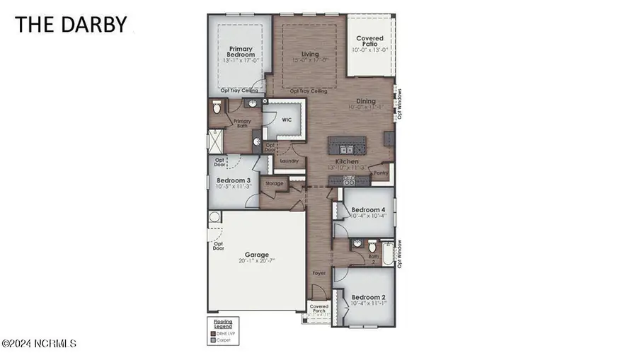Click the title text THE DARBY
(x=71, y=24)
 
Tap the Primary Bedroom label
(x=241, y=51)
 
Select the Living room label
(x=310, y=54)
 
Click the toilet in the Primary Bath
(x=217, y=108)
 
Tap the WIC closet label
(x=287, y=120)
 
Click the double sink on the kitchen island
(x=345, y=149)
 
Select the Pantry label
(x=381, y=172)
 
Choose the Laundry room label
(x=289, y=161)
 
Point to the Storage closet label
(x=275, y=184)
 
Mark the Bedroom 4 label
(x=368, y=210)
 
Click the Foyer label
(x=320, y=272)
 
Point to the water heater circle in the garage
(x=214, y=216)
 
